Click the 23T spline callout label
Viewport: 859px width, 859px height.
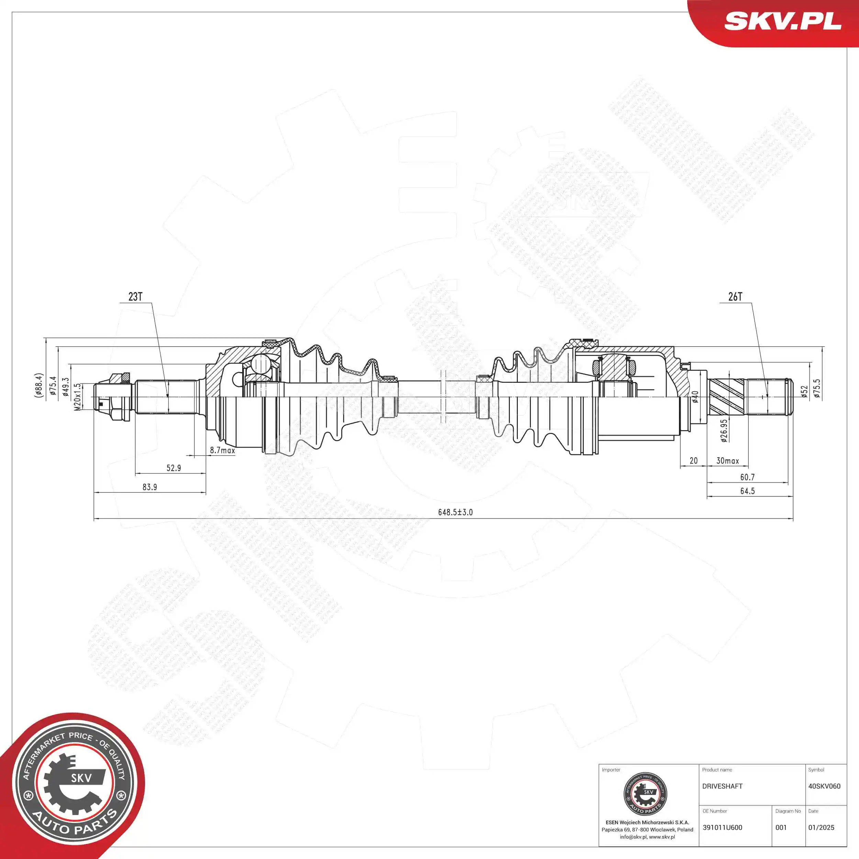click(x=135, y=297)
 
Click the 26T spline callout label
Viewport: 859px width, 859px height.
click(x=735, y=297)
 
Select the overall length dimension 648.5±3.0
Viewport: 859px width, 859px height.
click(x=455, y=512)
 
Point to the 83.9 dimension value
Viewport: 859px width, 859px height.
click(x=149, y=487)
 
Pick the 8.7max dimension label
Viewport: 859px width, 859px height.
click(x=222, y=450)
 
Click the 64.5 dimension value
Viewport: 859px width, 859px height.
click(x=747, y=491)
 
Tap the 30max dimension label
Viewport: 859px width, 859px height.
click(x=727, y=461)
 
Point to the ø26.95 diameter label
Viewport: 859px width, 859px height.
click(x=724, y=431)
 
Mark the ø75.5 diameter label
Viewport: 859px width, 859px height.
click(x=817, y=388)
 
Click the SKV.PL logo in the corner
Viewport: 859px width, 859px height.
click(x=782, y=21)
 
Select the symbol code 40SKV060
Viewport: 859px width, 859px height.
click(x=824, y=787)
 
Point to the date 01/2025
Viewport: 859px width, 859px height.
click(x=821, y=828)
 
